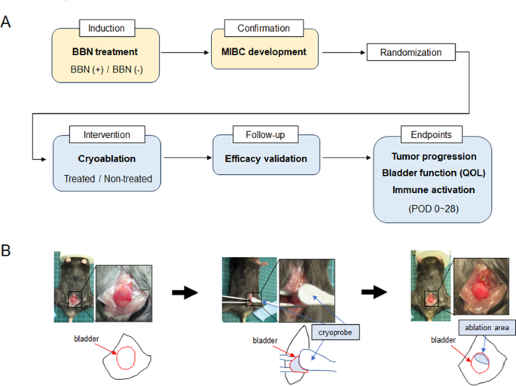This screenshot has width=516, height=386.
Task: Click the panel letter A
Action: coord(7,22)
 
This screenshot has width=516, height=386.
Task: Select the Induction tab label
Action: coord(107,29)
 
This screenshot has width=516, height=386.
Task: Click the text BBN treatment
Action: coord(107,54)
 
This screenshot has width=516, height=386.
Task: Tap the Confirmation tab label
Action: coord(263,29)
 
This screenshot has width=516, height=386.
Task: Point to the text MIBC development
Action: coord(263,54)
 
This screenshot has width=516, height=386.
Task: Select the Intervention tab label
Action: coord(107,136)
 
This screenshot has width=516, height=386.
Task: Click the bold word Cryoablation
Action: coord(107,159)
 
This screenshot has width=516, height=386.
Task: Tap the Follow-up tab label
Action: coord(263,136)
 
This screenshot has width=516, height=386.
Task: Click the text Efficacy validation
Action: coord(263,159)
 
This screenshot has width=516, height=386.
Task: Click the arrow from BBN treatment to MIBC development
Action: coord(185,54)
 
